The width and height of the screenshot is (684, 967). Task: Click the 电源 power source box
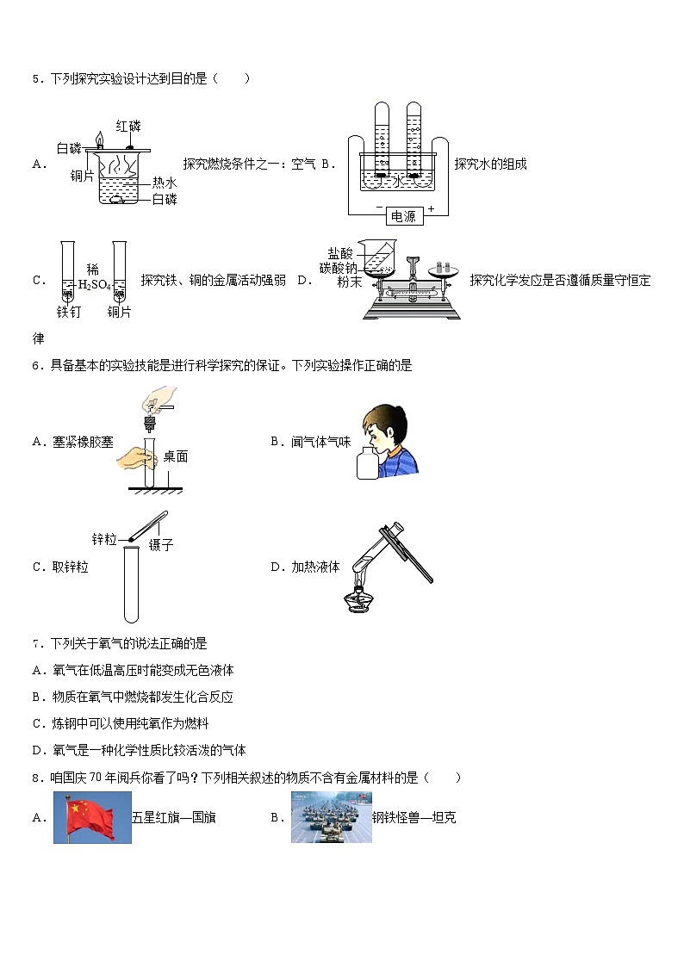click(x=402, y=216)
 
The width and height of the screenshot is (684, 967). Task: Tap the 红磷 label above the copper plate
click(x=127, y=126)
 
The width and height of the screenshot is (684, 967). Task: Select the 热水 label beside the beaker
click(x=165, y=183)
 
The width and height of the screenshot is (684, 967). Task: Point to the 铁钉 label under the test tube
click(x=68, y=312)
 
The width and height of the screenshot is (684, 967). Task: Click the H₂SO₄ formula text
click(x=94, y=286)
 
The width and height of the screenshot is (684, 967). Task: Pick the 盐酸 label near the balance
click(x=340, y=253)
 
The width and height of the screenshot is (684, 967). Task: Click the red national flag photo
click(x=92, y=817)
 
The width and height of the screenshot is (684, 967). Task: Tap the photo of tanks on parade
click(x=331, y=817)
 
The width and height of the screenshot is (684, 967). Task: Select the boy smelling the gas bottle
click(x=387, y=439)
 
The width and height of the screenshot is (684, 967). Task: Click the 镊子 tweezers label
click(x=161, y=544)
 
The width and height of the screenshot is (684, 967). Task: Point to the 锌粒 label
click(x=104, y=539)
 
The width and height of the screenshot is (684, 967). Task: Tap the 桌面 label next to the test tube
click(x=176, y=457)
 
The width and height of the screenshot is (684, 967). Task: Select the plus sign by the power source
click(x=431, y=209)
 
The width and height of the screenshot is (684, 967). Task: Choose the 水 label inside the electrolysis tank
click(x=398, y=182)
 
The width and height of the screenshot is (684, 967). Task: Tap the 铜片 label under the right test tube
click(x=120, y=312)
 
